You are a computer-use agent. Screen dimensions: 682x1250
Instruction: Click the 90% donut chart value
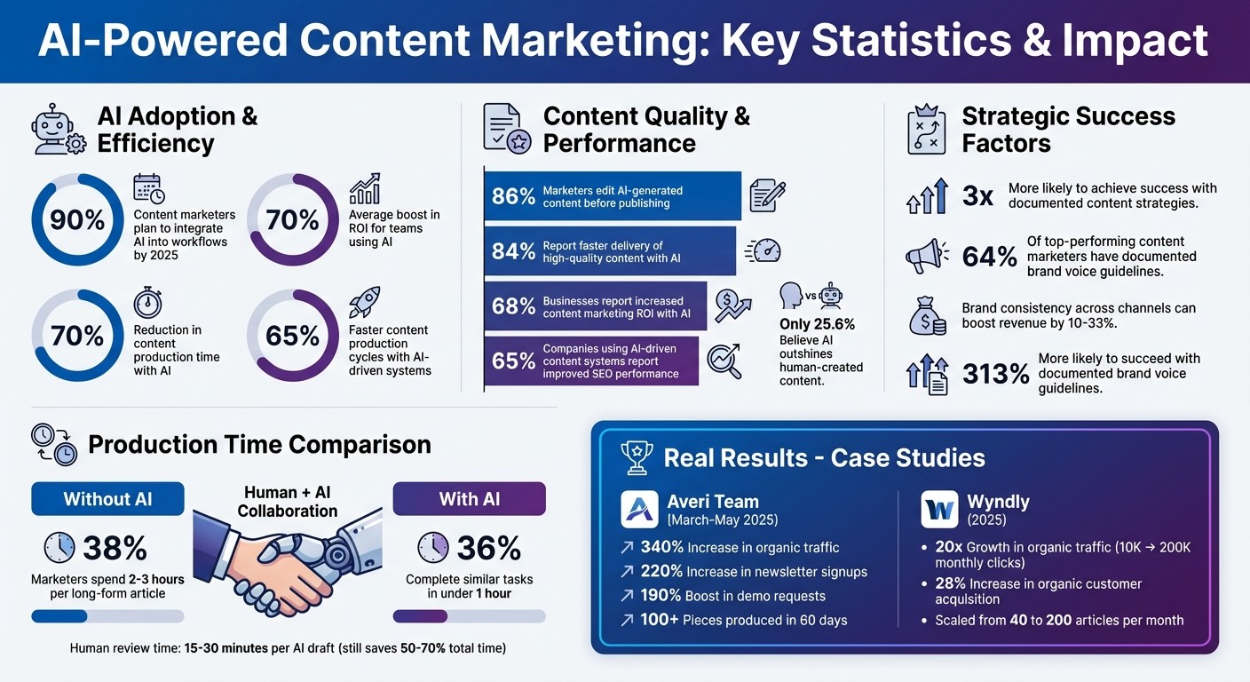click(77, 219)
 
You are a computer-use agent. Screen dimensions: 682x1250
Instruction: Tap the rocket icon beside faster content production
click(364, 302)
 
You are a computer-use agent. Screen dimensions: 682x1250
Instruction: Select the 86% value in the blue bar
click(513, 196)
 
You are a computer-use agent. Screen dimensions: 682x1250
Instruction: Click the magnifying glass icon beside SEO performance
click(724, 361)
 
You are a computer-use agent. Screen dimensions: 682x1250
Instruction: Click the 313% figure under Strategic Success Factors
click(996, 373)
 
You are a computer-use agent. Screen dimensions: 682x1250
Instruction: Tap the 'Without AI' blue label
click(107, 499)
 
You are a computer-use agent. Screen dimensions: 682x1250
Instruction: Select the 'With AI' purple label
click(469, 499)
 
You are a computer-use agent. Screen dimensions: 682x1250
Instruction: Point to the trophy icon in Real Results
click(637, 458)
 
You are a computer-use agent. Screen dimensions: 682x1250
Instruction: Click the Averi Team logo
click(639, 509)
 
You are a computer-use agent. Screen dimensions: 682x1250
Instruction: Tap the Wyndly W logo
click(939, 509)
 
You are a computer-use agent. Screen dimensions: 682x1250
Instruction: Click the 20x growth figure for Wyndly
click(949, 547)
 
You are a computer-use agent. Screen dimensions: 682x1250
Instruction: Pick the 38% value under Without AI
click(115, 549)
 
